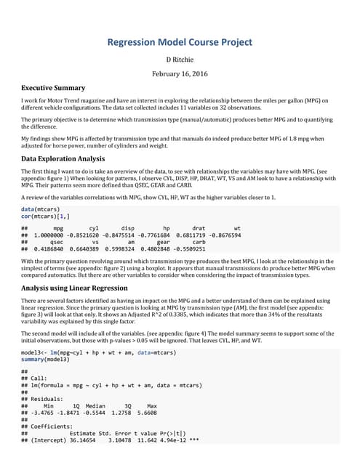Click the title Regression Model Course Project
pyautogui.click(x=180, y=42)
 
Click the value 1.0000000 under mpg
pyautogui.click(x=53, y=235)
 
